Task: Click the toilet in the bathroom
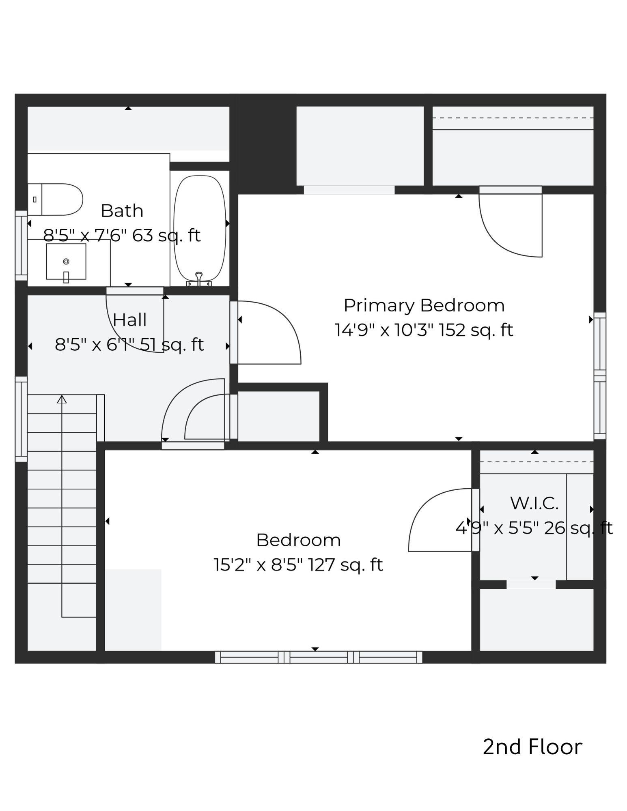57,199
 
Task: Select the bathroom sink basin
66,261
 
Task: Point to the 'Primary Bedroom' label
424,305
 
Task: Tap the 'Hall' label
129,320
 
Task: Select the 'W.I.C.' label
534,503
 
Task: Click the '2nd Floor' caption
532,747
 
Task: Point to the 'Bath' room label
122,211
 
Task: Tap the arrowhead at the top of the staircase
62,399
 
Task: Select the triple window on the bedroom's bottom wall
318,657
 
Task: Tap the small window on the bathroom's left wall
21,245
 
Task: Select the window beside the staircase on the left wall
21,419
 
